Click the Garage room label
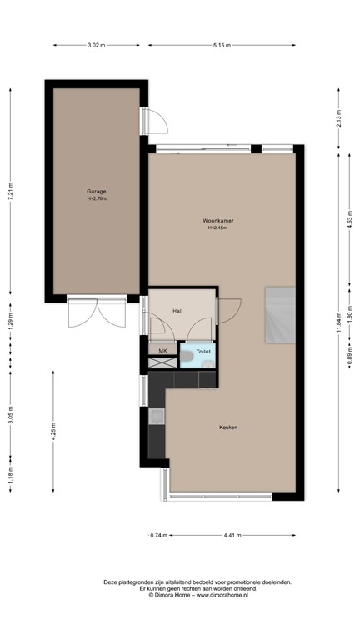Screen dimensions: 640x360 coord(97,191)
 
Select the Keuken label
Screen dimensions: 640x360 coord(228,427)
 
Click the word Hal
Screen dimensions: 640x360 coord(177,311)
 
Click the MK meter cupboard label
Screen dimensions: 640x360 coord(162,351)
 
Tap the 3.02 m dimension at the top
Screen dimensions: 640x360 coord(97,45)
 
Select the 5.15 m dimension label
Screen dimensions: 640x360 coord(221,45)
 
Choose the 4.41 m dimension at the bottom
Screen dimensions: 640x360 coord(233,535)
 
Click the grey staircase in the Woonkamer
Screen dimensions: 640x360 coord(280,315)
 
